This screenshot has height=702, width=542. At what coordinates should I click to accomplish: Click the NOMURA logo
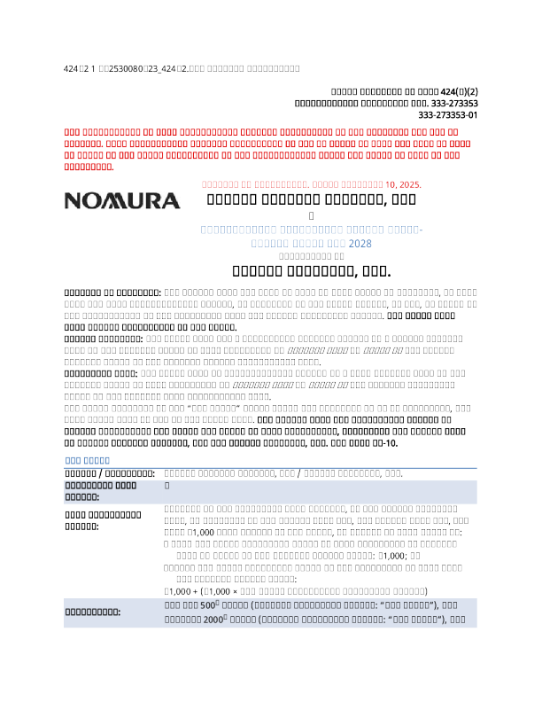tap(122, 200)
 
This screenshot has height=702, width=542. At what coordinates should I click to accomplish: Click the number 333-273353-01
tap(448, 115)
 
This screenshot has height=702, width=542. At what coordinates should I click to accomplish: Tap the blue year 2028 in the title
tap(360, 242)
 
